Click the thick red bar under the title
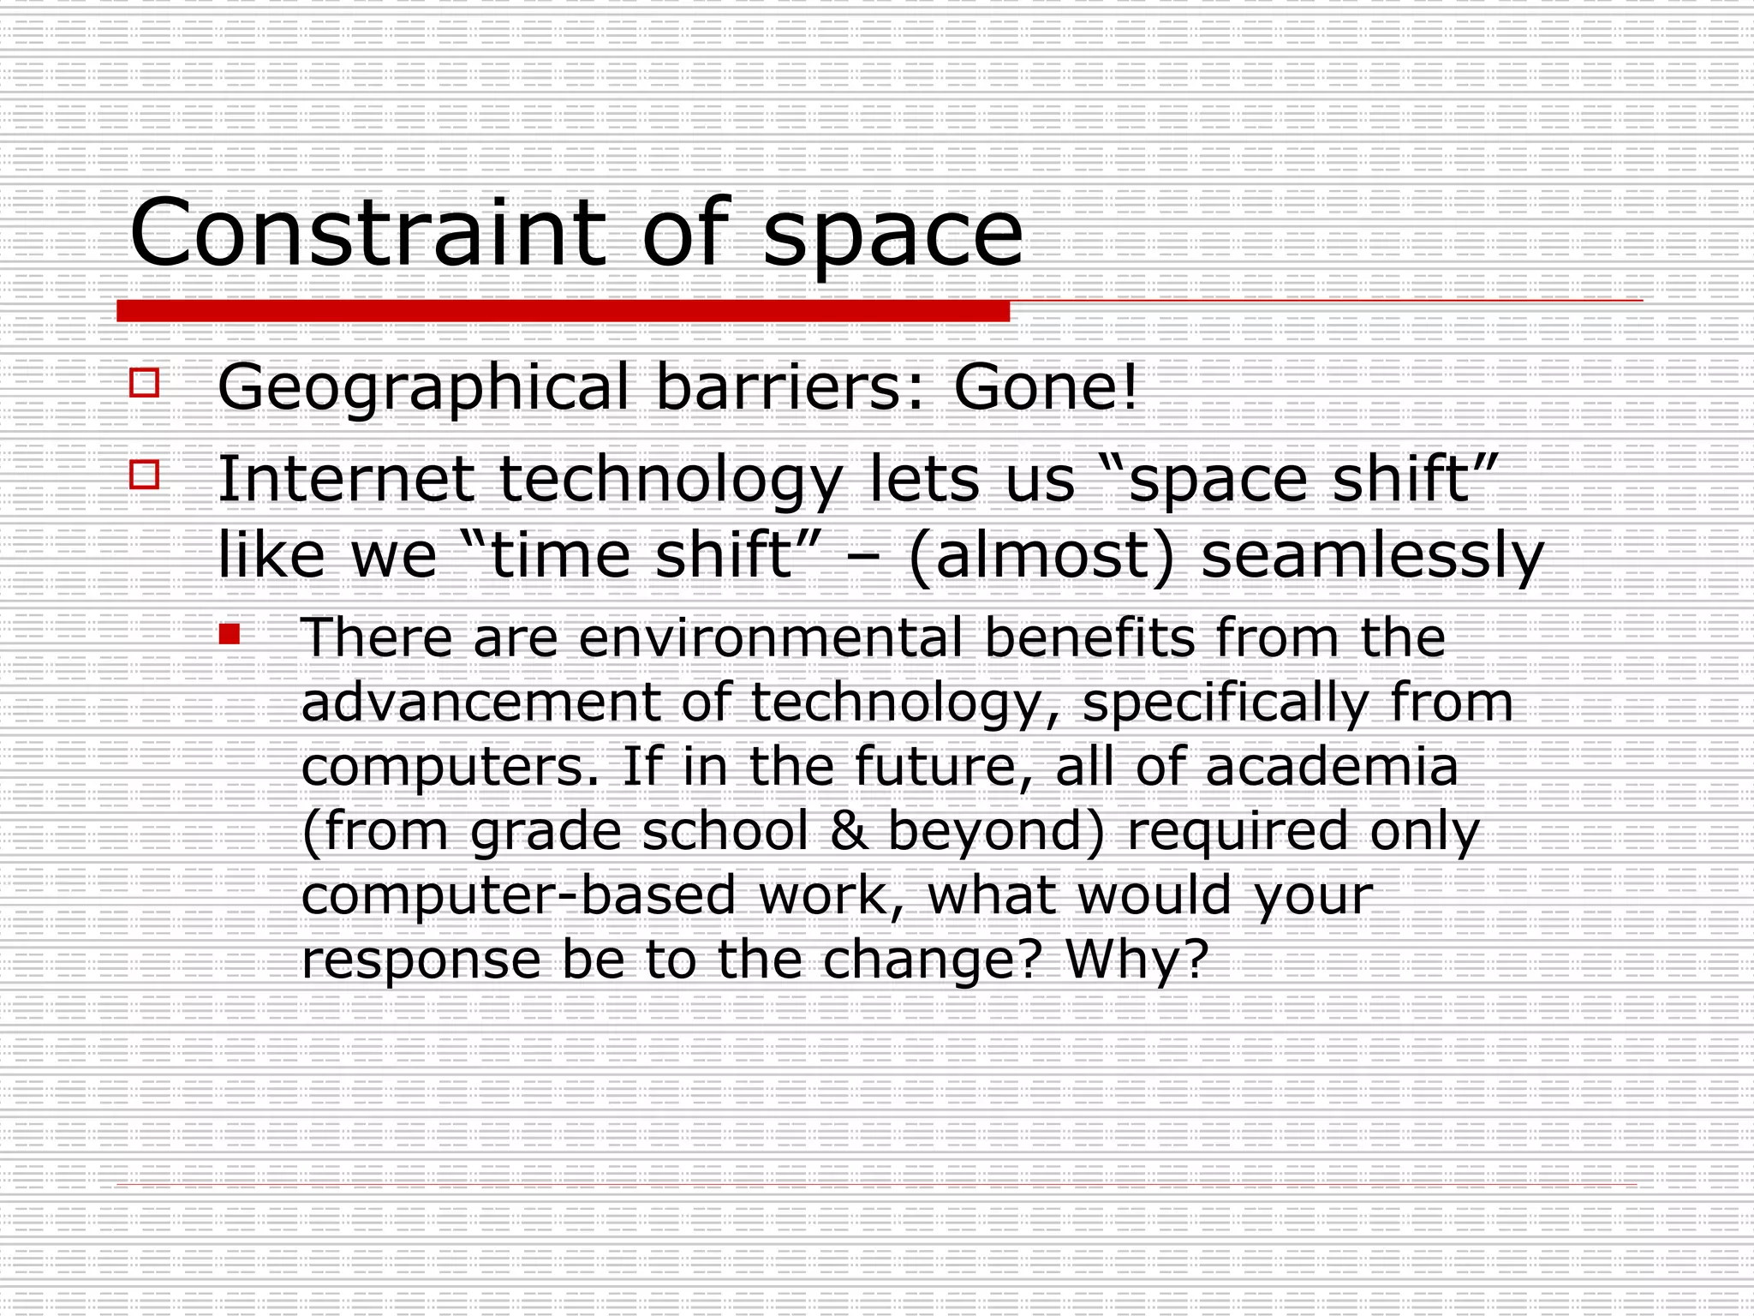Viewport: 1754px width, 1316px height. coord(563,311)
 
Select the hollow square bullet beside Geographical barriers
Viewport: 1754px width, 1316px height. coord(145,382)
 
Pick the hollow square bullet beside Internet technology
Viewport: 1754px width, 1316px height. coord(145,474)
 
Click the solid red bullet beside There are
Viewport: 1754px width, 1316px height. coord(229,634)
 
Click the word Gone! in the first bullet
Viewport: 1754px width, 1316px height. coord(1046,387)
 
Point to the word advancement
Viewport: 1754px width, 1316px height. coord(480,703)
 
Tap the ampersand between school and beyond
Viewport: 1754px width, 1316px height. coord(848,831)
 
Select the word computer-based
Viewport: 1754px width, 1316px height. coord(519,896)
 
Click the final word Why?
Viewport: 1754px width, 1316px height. coord(1137,960)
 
